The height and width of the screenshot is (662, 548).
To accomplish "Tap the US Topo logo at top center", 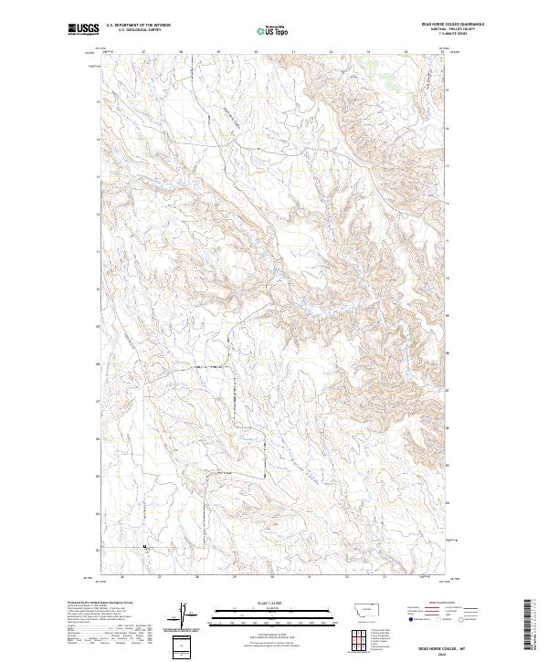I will (x=273, y=30).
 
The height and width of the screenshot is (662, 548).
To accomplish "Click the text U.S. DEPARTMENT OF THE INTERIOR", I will (x=138, y=26).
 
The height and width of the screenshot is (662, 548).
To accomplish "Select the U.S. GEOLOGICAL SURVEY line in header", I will (x=133, y=30).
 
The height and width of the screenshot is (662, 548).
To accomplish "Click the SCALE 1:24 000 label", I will (x=273, y=603).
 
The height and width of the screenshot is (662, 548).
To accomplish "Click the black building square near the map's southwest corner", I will (x=144, y=547).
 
